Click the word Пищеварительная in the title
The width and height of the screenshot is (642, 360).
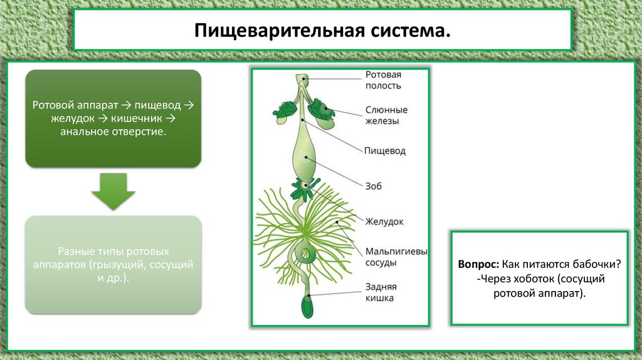279,31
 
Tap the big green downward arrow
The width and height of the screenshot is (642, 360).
113,191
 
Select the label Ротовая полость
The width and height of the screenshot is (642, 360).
383,80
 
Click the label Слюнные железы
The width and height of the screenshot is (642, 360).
386,115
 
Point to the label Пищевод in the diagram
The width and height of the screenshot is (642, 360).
385,151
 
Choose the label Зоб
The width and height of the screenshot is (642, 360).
373,186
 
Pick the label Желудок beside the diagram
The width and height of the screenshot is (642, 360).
384,221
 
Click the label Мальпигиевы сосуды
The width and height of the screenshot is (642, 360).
396,257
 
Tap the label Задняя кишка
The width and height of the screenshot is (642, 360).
381,292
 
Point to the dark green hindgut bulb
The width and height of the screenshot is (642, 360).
307,306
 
